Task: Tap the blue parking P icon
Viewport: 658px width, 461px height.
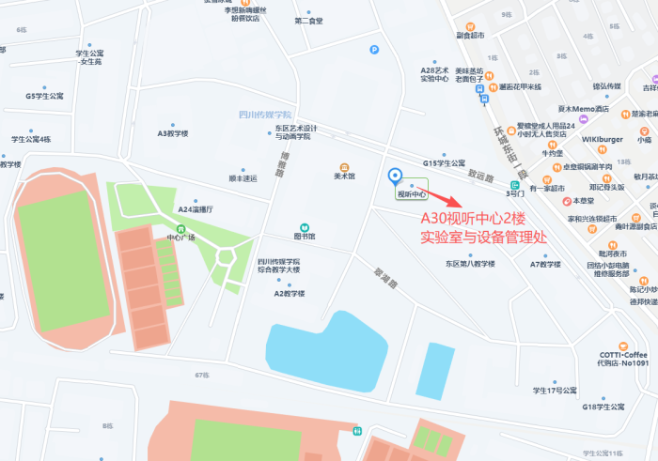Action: tap(375, 50)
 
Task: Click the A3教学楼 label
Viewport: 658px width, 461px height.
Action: tap(173, 133)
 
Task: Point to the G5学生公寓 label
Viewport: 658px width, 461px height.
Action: tap(44, 96)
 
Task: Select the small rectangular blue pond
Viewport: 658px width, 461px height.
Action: tap(433, 361)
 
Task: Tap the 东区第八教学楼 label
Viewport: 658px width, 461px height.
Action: tap(470, 264)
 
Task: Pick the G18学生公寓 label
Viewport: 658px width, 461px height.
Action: tap(603, 407)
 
